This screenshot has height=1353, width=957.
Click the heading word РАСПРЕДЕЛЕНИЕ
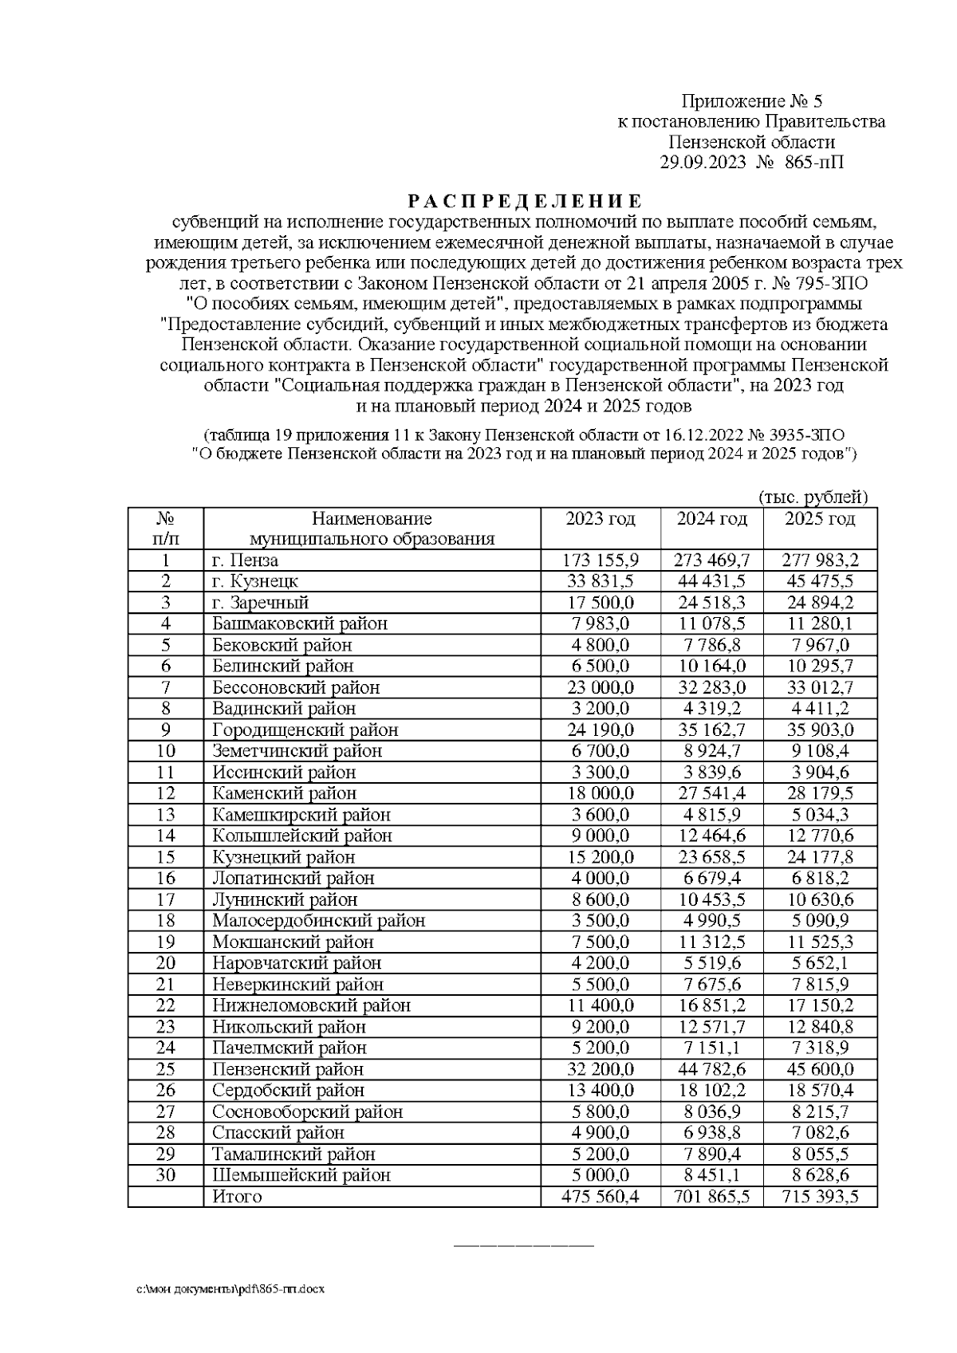(x=524, y=199)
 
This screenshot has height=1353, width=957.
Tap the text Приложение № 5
(x=751, y=101)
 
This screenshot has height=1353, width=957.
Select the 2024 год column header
(x=711, y=519)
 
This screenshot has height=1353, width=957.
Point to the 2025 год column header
(x=820, y=519)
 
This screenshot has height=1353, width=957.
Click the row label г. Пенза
(x=245, y=560)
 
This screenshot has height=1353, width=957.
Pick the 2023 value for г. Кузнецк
(x=599, y=581)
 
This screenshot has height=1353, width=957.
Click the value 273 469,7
(x=711, y=560)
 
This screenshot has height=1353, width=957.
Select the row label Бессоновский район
(x=295, y=687)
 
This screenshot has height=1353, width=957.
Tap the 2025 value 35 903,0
(x=820, y=730)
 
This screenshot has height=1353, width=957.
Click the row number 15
(x=165, y=857)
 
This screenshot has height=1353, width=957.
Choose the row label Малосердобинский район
(x=318, y=921)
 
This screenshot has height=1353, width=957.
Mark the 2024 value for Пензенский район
(x=711, y=1069)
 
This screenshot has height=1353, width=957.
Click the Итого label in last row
(x=237, y=1197)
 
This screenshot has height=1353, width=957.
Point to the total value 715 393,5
(x=820, y=1197)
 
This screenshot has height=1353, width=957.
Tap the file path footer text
(x=230, y=1289)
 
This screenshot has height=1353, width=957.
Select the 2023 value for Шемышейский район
(x=599, y=1175)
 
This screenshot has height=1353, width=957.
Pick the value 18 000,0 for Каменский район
(x=599, y=793)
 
